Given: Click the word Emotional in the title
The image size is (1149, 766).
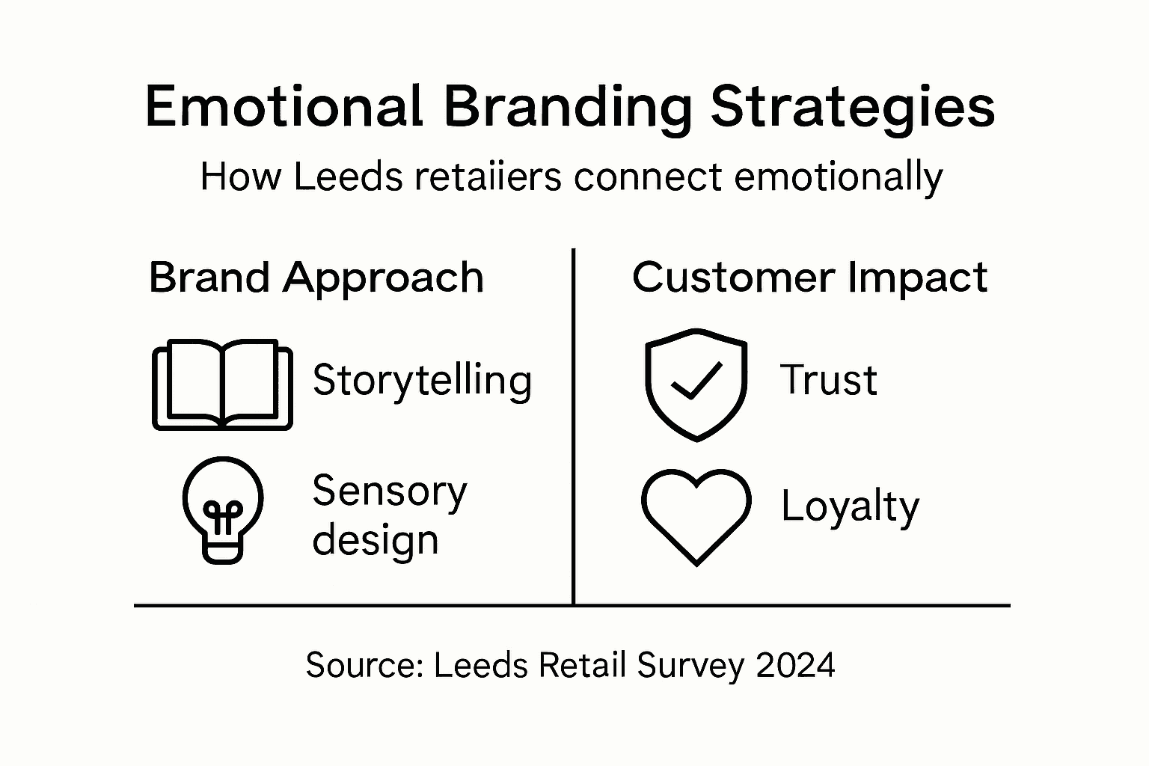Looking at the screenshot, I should [284, 107].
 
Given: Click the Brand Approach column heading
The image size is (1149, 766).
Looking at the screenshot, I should [316, 278].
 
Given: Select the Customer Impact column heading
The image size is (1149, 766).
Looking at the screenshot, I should [809, 278].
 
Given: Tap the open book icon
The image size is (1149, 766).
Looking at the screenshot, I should [222, 385].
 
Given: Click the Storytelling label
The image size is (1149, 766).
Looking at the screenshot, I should [422, 380].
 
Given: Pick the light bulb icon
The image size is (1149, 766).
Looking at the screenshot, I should [222, 509].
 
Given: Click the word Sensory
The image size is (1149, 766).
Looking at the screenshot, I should [389, 491].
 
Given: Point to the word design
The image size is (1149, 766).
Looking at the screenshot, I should [375, 539].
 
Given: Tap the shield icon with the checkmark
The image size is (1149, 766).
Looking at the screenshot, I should [696, 384].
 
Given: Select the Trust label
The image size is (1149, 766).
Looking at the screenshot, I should [828, 380].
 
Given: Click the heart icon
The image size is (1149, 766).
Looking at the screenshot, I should [696, 515].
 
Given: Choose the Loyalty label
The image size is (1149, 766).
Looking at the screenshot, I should [850, 507].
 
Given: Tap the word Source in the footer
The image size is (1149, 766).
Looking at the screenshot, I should [365, 664].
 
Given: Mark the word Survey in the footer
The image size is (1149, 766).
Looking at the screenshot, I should [690, 664].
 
